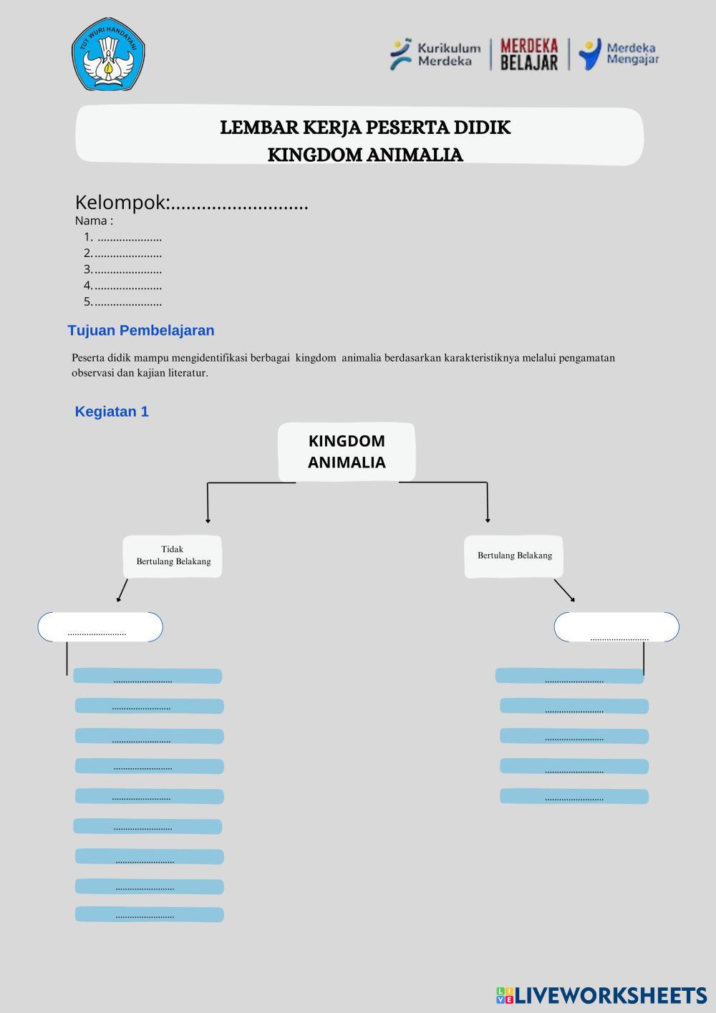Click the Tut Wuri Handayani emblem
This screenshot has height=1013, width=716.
108,54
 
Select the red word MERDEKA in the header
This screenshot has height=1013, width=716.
528,47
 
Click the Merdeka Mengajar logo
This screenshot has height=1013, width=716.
620,54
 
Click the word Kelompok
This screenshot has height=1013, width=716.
120,203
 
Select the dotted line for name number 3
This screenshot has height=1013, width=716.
127,270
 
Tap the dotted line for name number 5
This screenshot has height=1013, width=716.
127,302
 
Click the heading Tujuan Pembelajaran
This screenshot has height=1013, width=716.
141,330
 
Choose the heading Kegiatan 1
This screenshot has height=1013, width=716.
112,412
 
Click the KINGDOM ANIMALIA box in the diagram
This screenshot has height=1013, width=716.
347,452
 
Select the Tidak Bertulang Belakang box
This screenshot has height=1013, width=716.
173,556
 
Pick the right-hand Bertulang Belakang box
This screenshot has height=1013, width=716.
514,556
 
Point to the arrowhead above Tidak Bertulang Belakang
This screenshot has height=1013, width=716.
208,520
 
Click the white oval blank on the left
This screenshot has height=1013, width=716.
100,627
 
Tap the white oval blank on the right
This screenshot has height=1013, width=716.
616,627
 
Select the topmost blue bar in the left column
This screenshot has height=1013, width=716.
147,676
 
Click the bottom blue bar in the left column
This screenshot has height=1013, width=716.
149,914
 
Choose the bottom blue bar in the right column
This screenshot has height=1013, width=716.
574,796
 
